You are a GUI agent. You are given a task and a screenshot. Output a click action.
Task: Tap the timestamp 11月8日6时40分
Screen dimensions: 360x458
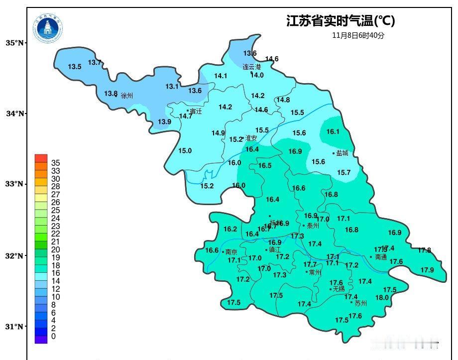[x=358, y=35]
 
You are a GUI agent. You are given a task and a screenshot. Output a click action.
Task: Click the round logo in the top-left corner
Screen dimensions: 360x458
[x=48, y=28]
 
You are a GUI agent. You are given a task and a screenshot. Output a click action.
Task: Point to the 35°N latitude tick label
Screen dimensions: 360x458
[x=15, y=43]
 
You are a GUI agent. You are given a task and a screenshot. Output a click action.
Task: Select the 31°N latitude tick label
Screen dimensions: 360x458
[x=15, y=327]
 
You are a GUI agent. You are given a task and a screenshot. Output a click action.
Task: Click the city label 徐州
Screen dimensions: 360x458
[x=127, y=95]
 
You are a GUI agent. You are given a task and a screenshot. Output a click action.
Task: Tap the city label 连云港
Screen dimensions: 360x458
[x=252, y=67]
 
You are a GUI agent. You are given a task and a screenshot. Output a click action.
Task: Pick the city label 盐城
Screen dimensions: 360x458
[x=342, y=153]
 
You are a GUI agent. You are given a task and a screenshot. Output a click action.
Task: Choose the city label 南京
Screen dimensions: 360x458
[x=231, y=252]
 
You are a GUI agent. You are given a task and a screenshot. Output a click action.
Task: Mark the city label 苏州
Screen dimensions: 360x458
[x=360, y=303]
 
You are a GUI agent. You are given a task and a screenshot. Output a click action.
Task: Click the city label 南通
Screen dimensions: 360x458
[x=381, y=257]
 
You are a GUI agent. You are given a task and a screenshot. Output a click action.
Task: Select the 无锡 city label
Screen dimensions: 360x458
[x=339, y=289]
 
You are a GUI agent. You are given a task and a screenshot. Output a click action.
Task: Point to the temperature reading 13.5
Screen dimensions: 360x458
[x=75, y=67]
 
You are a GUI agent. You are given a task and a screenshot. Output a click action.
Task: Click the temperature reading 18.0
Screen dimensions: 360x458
[x=382, y=298]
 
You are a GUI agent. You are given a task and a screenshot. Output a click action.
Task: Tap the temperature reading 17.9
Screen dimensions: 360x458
[x=427, y=270]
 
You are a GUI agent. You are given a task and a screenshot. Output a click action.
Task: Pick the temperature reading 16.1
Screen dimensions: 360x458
[x=333, y=132]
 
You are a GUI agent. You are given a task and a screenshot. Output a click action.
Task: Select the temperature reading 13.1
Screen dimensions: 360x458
[x=172, y=87]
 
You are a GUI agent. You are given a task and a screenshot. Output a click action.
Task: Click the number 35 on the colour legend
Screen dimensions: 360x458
[x=56, y=163]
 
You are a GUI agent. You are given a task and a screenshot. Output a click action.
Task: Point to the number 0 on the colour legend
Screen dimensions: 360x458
[x=53, y=337]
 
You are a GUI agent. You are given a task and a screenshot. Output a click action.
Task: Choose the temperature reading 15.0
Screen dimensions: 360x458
[x=185, y=151]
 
